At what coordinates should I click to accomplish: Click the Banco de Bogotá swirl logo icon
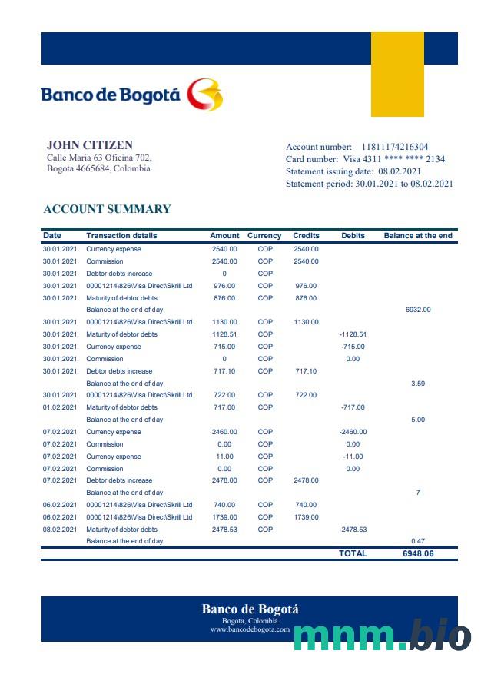coord(205,95)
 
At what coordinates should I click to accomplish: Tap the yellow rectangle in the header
coord(397,74)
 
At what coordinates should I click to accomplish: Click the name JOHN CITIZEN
coord(90,144)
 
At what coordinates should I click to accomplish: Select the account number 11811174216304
coord(395,147)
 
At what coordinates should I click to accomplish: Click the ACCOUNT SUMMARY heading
coord(107,209)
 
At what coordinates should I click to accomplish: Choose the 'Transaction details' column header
coord(121,236)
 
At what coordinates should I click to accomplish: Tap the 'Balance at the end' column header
coord(418,236)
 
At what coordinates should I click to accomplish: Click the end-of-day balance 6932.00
coord(418,310)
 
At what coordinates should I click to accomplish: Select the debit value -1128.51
coord(353,334)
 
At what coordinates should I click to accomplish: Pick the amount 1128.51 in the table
coord(224,334)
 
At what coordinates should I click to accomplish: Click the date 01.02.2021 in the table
coord(59,407)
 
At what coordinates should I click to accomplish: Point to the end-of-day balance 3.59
coord(418,383)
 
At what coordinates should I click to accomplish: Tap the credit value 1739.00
coord(305,517)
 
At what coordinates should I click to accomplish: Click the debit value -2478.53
coord(353,530)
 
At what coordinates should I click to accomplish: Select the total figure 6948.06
coord(418,553)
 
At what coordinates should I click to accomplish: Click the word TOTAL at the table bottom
coord(353,553)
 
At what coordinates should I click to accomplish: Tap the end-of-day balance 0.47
coord(418,541)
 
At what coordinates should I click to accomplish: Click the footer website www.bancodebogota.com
coord(250,629)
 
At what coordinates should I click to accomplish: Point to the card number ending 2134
coord(436,159)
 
